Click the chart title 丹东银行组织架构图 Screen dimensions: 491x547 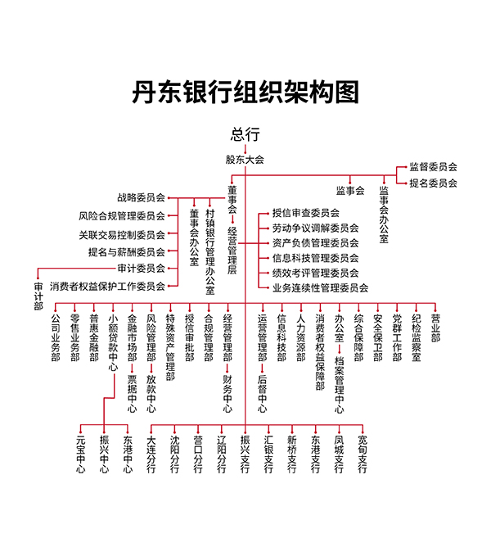tap(245, 92)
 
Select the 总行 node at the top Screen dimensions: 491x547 tap(245, 134)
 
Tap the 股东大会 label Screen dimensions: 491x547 tap(245, 160)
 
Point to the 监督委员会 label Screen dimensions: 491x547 tap(433, 167)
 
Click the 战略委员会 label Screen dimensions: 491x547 tap(142, 198)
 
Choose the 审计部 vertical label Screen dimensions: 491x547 tap(38, 296)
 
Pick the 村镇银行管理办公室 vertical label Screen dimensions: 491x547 tap(210, 251)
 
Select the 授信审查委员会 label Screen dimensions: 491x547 tap(306, 213)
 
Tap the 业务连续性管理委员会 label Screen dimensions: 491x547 tap(320, 287)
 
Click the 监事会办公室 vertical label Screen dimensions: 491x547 tap(384, 215)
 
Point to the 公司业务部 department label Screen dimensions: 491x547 tap(56, 337)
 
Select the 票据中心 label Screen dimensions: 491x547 tap(133, 394)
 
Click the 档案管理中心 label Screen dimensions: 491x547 tap(340, 385)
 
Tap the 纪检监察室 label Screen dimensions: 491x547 tap(417, 337)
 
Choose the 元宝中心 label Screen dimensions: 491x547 tap(80, 454)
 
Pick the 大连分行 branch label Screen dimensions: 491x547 tap(151, 454)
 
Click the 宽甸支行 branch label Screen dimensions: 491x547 tap(363, 454)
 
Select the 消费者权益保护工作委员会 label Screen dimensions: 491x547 tap(107, 287)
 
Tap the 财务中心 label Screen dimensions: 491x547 tap(227, 394)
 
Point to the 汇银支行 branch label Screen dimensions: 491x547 tap(268, 454)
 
